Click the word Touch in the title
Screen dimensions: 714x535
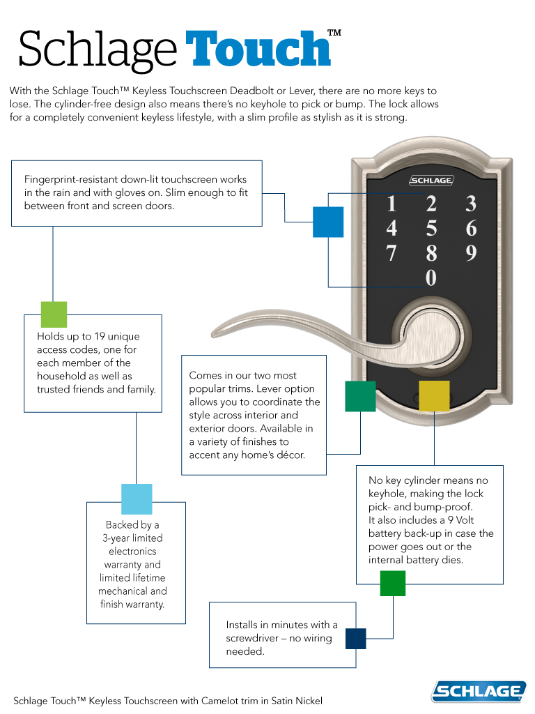258,50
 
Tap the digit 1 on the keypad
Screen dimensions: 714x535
391,204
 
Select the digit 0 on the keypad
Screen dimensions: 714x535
431,278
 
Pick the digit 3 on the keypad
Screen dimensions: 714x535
471,204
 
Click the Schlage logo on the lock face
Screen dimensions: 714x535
431,181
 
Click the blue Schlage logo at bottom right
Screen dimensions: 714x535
479,691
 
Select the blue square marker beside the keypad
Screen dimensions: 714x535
328,222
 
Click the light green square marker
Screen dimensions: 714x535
54,314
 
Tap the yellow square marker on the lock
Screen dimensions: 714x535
433,395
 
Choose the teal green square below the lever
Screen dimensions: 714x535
360,396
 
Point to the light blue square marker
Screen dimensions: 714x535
137,499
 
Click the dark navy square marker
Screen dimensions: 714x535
355,638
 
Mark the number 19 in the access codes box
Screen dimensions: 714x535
96,336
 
